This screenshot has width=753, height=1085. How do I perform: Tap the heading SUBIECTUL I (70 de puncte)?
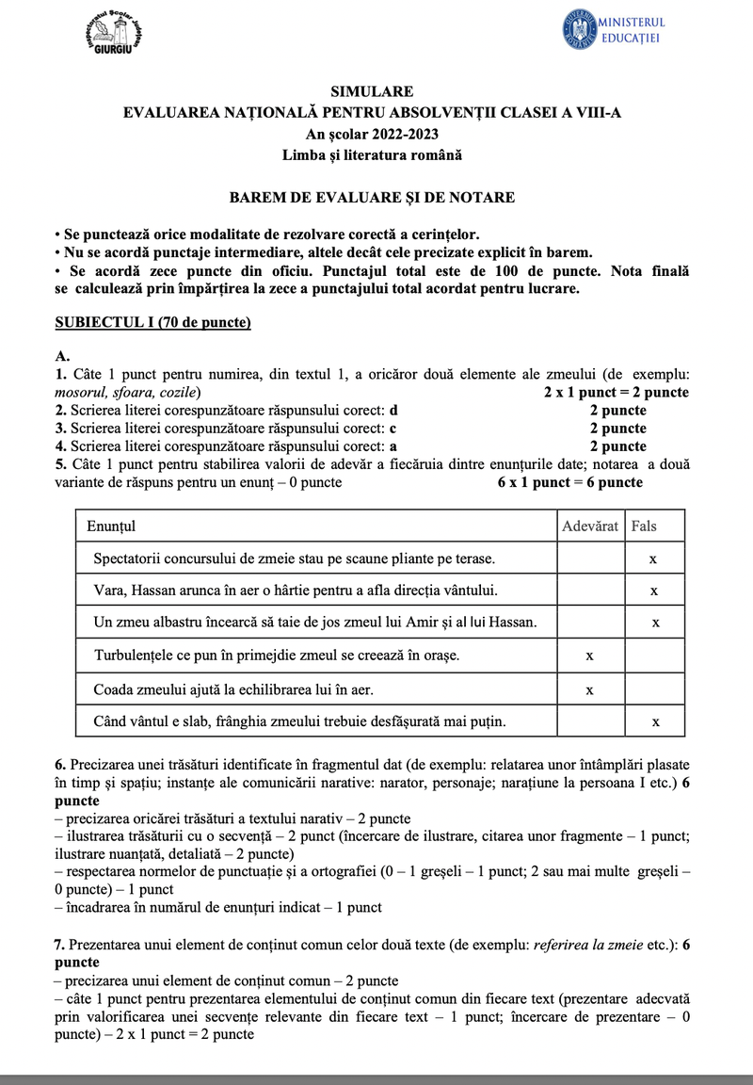coord(153,323)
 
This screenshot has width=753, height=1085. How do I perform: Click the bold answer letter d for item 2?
coord(394,411)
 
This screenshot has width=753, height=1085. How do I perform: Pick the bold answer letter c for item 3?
coord(393,429)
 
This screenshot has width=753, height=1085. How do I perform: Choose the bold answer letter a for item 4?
coord(393,446)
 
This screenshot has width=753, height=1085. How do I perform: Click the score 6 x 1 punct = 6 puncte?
coord(570,482)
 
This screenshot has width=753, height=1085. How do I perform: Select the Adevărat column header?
coord(590,526)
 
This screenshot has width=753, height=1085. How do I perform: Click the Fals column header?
coord(645,526)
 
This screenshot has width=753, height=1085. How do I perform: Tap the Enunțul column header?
coord(111,526)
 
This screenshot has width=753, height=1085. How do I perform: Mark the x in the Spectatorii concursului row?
coord(653,559)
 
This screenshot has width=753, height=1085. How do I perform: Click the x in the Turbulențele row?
coord(589,656)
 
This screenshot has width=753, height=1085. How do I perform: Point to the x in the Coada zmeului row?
coord(589,689)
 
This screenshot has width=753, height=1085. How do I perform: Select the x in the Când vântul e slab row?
coord(653,722)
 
